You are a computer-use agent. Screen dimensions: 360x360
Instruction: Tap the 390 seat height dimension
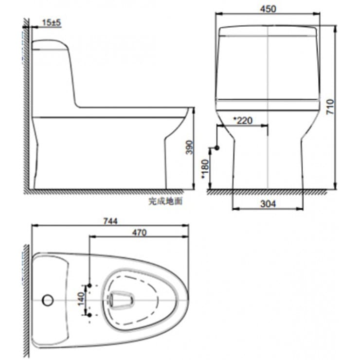(x=189, y=147)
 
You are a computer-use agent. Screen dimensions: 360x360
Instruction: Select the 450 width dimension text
(x=268, y=9)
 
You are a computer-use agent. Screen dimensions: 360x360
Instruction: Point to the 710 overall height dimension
(x=330, y=107)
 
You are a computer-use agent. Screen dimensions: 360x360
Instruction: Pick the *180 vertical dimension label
(x=205, y=168)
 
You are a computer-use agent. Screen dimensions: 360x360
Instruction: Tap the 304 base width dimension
(x=268, y=204)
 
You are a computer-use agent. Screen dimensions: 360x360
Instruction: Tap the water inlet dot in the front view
(x=217, y=147)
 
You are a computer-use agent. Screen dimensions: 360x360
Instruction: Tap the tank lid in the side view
(x=49, y=45)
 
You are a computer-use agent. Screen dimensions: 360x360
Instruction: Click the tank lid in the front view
(x=268, y=32)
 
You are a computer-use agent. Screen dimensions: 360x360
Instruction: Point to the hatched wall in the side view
(x=26, y=107)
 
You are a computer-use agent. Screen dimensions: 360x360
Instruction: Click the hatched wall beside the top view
(x=26, y=297)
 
